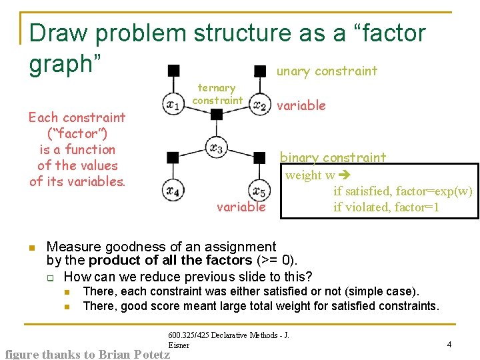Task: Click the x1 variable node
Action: (173, 105)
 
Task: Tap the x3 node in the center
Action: (216, 147)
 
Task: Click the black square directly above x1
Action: (173, 70)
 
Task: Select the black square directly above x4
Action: (173, 157)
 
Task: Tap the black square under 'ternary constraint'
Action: (216, 114)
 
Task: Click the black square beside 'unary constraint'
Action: (259, 71)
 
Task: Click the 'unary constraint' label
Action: (327, 71)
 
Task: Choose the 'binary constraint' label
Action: (333, 157)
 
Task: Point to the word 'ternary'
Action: (217, 87)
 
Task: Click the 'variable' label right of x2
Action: (301, 105)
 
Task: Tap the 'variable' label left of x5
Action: (241, 207)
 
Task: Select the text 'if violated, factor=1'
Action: (386, 207)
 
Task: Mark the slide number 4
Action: (449, 344)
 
